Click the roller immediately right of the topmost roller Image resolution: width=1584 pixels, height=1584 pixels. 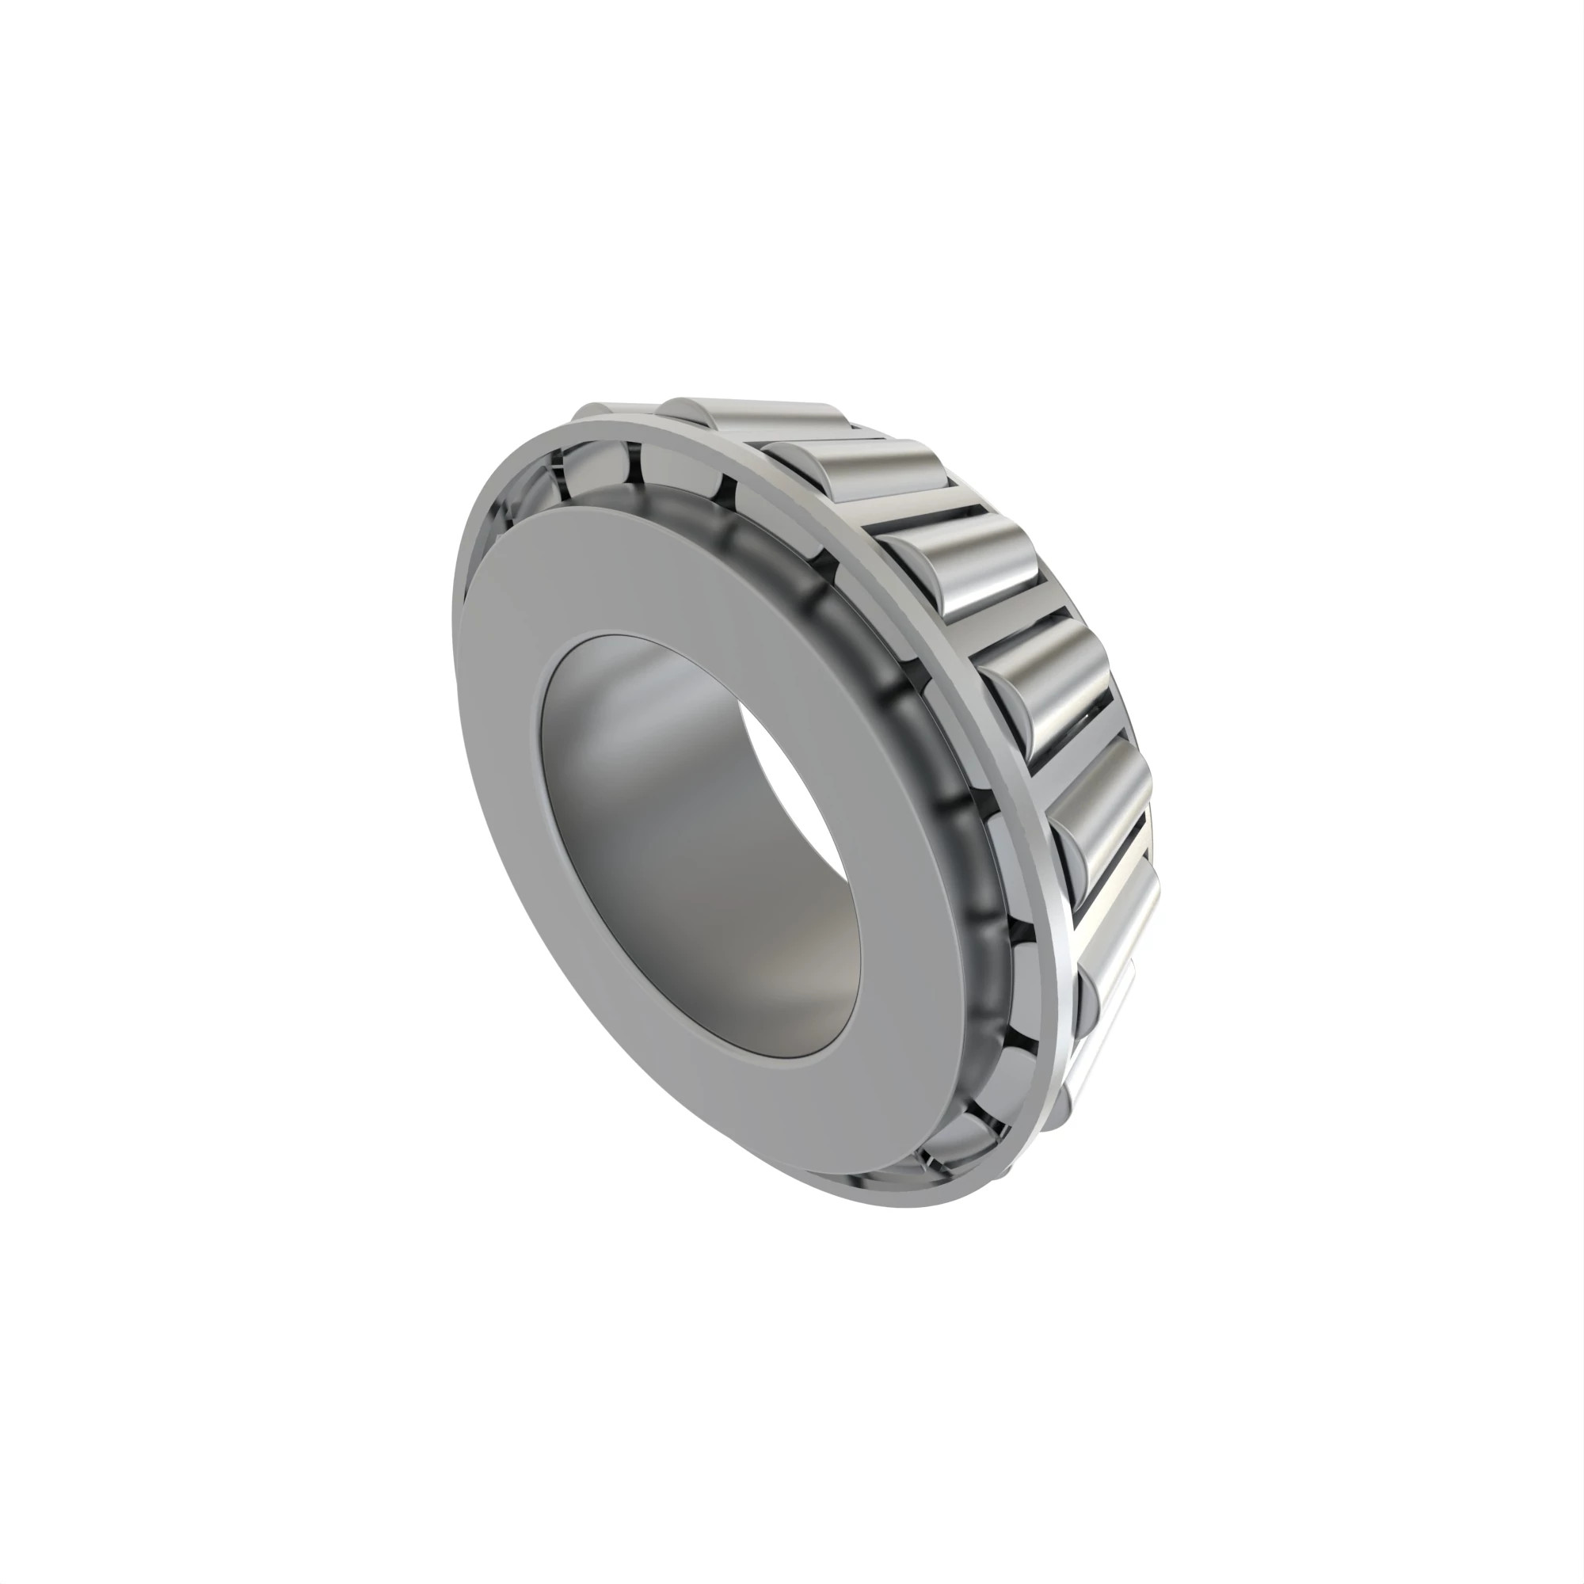point(869,475)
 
